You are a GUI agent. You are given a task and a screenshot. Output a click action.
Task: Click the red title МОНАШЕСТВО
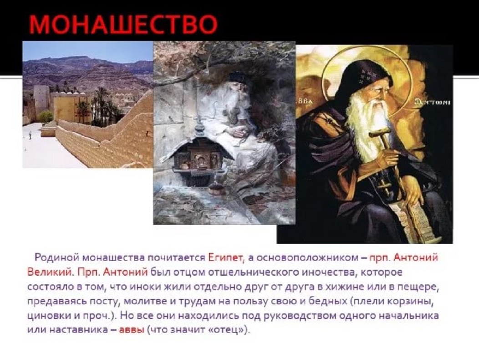pyautogui.click(x=123, y=24)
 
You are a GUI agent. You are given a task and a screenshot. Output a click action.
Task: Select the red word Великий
pyautogui.click(x=51, y=272)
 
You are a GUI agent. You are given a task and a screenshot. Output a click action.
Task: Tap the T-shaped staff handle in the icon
pyautogui.click(x=379, y=134)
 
